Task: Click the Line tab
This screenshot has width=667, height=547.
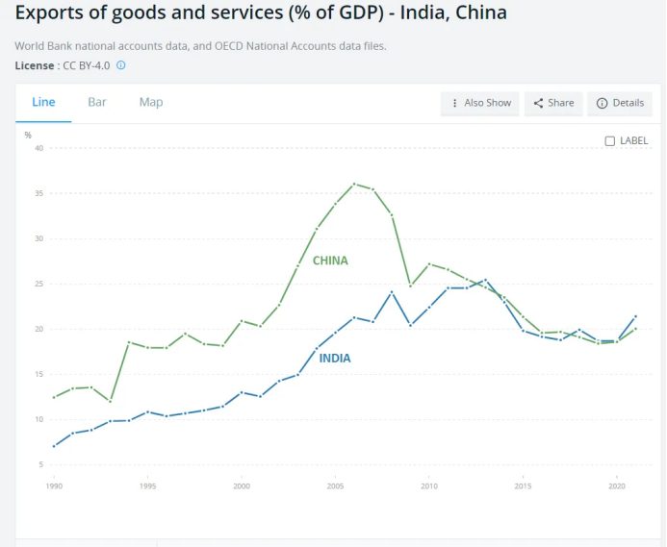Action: point(43,102)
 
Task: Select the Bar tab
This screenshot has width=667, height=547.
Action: point(97,102)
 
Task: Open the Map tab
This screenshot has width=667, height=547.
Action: point(151,102)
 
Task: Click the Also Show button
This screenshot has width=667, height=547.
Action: point(480,103)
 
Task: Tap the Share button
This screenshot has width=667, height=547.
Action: point(553,103)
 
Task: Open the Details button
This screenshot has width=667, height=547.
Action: point(620,103)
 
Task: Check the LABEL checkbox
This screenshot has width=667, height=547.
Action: point(609,140)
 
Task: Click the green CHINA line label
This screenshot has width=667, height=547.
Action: point(330,261)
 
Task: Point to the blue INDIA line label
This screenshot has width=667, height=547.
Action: point(335,358)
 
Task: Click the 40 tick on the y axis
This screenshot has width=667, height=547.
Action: point(39,148)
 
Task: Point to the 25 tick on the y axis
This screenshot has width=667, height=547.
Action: point(39,284)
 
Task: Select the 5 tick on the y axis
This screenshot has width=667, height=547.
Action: point(41,464)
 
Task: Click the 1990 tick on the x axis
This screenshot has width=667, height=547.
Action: point(54,486)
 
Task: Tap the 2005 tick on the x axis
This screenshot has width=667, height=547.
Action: point(335,486)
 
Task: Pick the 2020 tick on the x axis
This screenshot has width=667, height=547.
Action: point(616,486)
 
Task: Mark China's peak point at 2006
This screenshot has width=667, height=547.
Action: point(354,184)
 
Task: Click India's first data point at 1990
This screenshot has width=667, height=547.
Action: point(54,446)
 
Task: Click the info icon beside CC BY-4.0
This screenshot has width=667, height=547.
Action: point(121,65)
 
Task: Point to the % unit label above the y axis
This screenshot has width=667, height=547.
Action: point(28,135)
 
